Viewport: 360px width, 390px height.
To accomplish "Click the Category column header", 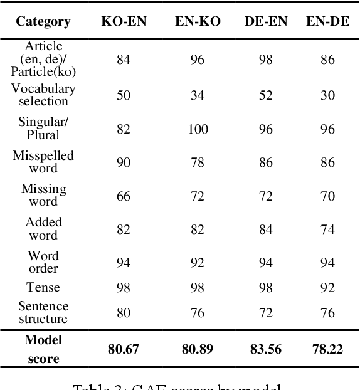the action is click(x=43, y=21).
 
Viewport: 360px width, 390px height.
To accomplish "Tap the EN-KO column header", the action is click(x=197, y=21).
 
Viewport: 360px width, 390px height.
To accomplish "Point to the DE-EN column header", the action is click(x=266, y=21).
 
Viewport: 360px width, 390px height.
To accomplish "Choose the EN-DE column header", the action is click(x=328, y=21).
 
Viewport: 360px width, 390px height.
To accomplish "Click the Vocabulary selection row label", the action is click(x=43, y=95).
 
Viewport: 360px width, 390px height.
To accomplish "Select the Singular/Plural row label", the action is click(x=43, y=129).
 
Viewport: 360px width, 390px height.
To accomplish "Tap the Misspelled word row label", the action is click(x=43, y=162).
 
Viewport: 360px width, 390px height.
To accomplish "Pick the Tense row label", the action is click(x=43, y=287).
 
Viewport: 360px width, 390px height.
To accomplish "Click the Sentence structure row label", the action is click(x=43, y=312).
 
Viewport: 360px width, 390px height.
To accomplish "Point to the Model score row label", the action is click(x=43, y=349).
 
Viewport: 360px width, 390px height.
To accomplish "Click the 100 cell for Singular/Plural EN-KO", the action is click(x=198, y=129).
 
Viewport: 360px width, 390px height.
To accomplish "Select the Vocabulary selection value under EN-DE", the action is click(x=328, y=95).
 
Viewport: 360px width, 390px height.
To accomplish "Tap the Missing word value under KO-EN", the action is click(x=124, y=196).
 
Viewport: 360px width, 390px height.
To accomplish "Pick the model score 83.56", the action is click(x=266, y=349).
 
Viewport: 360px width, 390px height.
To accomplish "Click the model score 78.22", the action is click(x=328, y=349).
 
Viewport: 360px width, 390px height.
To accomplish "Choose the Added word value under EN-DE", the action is click(x=328, y=229).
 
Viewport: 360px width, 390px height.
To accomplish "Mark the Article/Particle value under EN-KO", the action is click(x=198, y=60).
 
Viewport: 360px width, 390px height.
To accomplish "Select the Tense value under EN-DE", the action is click(x=328, y=287).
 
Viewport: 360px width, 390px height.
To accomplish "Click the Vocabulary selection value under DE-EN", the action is click(x=266, y=95).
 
